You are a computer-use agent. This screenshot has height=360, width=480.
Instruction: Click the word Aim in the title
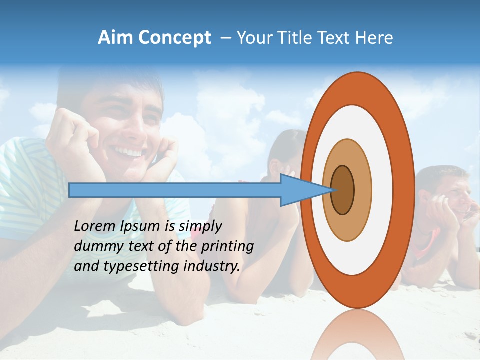point(115,38)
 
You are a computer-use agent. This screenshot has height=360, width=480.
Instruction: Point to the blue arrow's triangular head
point(305,190)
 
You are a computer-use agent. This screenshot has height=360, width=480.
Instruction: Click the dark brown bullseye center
point(343,190)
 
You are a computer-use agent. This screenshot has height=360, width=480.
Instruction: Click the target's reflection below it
point(357,335)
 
